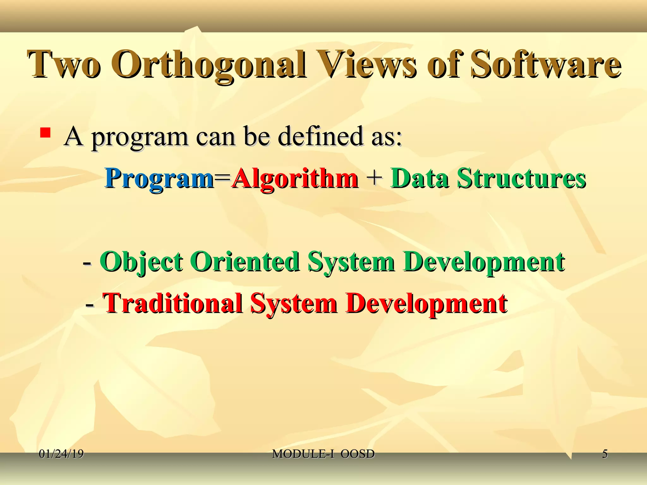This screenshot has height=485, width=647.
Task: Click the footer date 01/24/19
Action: pyautogui.click(x=61, y=454)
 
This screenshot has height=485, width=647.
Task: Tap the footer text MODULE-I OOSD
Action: pyautogui.click(x=323, y=454)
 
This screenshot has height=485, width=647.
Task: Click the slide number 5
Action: pyautogui.click(x=605, y=454)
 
